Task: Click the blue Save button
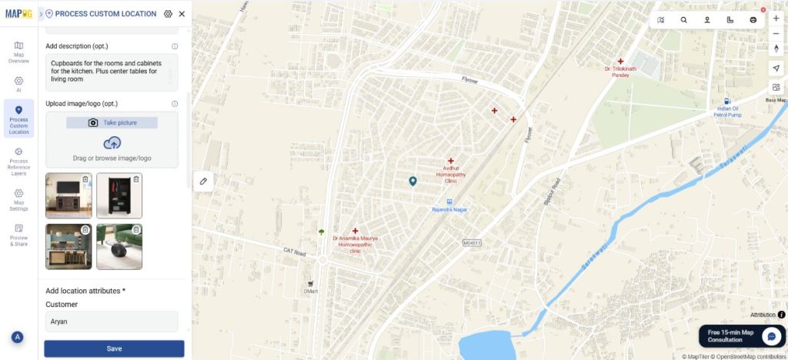114,348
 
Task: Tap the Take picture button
112,122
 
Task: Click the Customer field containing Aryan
111,321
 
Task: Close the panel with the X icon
182,14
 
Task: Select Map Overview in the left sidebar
18,52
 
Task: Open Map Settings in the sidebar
18,199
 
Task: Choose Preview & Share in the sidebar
18,234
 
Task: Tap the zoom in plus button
776,18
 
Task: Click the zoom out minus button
776,33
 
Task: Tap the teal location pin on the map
412,182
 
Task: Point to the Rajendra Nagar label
450,208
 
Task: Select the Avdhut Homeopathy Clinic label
450,175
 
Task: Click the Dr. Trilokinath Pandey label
620,72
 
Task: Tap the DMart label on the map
311,291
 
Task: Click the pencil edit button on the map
204,181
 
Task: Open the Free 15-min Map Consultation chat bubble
771,336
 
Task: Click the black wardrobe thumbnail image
119,195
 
